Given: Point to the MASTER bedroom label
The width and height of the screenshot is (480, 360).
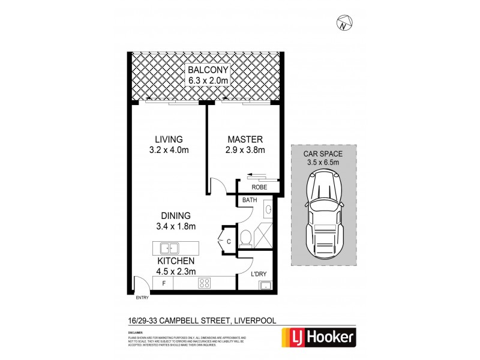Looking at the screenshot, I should pyautogui.click(x=244, y=139).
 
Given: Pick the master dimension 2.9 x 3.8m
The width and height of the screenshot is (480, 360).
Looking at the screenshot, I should pyautogui.click(x=245, y=150).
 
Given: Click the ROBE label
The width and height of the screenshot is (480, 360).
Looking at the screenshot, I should pyautogui.click(x=259, y=186).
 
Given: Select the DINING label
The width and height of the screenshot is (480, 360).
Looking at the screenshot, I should pyautogui.click(x=175, y=215).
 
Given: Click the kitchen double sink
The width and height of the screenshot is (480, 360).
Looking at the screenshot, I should pyautogui.click(x=168, y=247).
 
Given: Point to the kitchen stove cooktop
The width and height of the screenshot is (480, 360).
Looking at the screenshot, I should pyautogui.click(x=205, y=284).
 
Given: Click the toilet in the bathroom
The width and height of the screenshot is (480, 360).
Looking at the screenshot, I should pyautogui.click(x=245, y=238).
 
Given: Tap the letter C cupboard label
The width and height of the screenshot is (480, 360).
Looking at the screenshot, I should pyautogui.click(x=229, y=241).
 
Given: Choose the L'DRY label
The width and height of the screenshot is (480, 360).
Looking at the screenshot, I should pyautogui.click(x=259, y=274).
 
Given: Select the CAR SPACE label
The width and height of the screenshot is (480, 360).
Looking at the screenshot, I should pyautogui.click(x=323, y=153).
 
